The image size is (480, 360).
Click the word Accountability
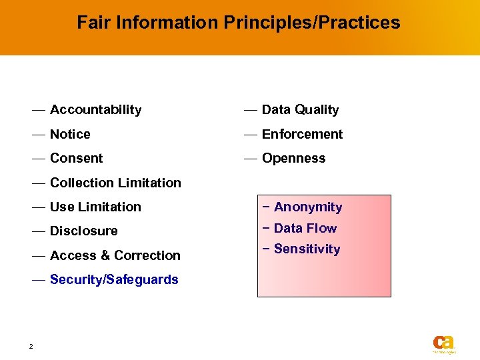click(x=95, y=110)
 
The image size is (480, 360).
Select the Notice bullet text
click(x=70, y=134)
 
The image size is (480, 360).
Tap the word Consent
click(x=76, y=159)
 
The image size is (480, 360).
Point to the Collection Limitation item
click(x=115, y=183)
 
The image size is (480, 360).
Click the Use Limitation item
click(x=95, y=207)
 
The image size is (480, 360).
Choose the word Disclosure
click(x=83, y=231)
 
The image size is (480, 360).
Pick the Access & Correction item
click(x=115, y=255)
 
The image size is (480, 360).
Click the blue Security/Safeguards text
click(x=114, y=280)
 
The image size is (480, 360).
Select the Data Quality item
click(x=300, y=110)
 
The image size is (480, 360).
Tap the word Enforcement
click(x=302, y=134)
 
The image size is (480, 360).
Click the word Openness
click(x=293, y=159)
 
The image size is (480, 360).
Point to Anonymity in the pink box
click(x=307, y=207)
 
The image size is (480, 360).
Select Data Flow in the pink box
click(x=305, y=228)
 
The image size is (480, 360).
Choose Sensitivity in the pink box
click(x=307, y=249)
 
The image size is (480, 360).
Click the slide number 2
click(x=31, y=346)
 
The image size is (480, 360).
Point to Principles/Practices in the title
click(x=312, y=23)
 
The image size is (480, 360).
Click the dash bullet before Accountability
click(x=38, y=109)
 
